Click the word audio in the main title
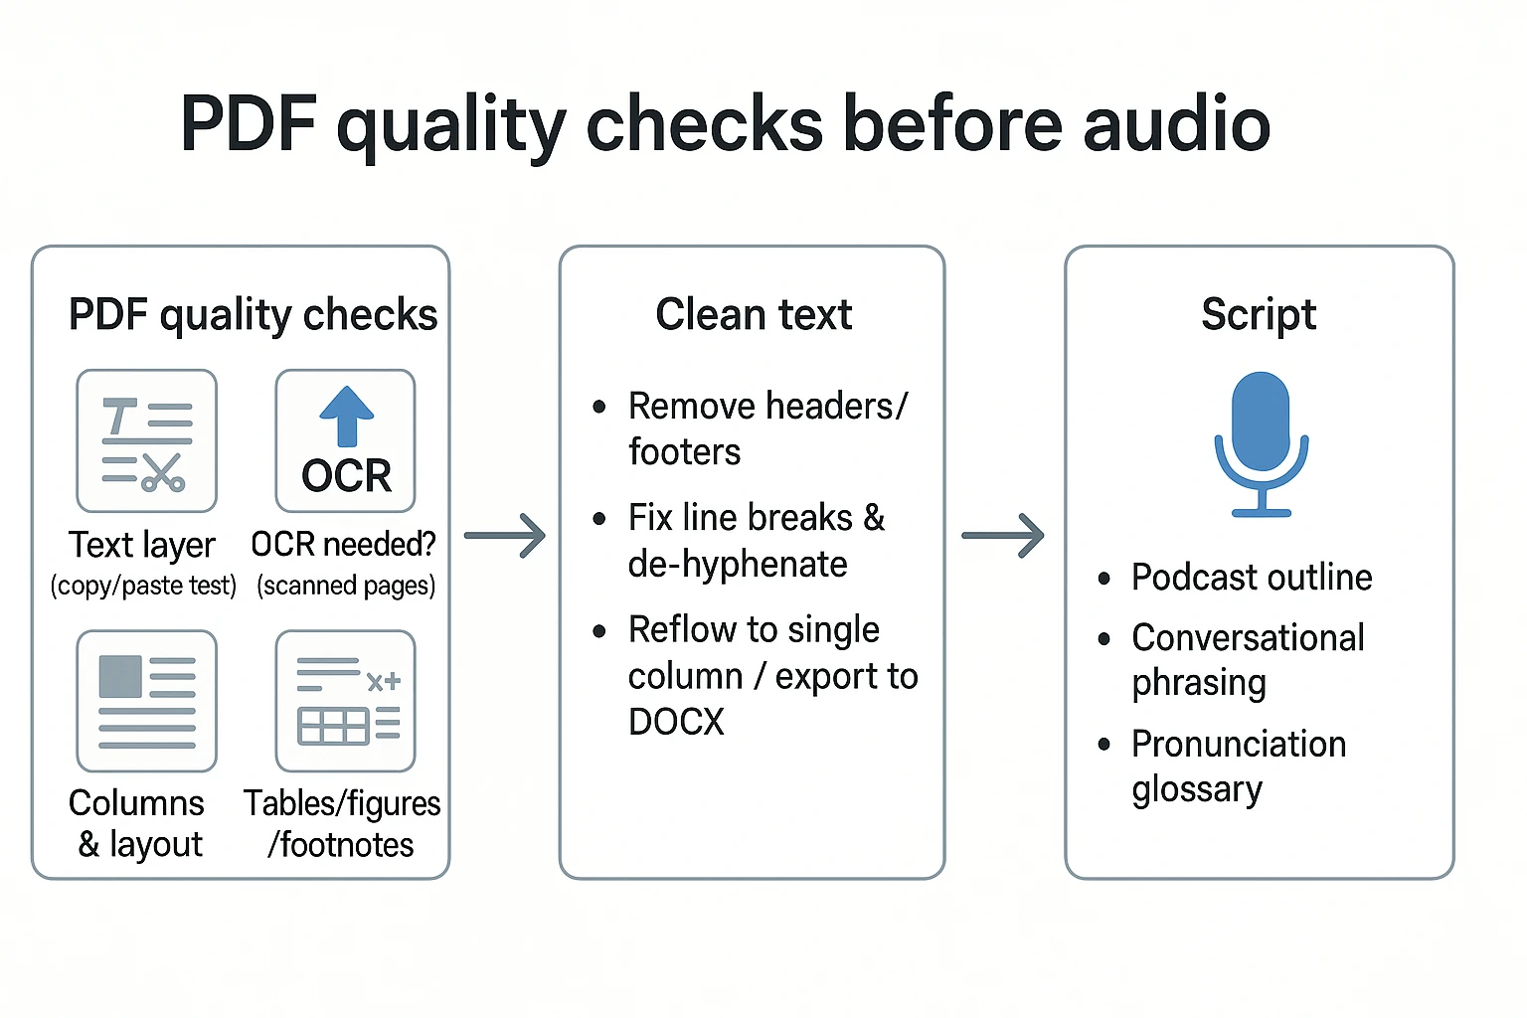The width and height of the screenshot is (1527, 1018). coord(1176,124)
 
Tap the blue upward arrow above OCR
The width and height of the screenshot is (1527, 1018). coord(346,415)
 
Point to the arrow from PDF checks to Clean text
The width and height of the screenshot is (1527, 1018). coord(505,536)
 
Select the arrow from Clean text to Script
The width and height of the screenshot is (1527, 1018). coord(1003,536)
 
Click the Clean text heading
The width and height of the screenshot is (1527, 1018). coord(754,315)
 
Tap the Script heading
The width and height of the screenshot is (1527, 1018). coord(1259,315)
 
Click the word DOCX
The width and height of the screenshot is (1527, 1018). coord(676,722)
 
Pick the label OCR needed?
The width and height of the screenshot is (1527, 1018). coord(344,545)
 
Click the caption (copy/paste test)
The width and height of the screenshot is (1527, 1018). coord(144,586)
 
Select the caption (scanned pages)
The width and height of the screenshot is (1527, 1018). coord(346,586)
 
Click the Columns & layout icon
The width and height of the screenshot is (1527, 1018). coord(147,701)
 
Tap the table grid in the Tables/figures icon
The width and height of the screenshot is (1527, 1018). coord(333,727)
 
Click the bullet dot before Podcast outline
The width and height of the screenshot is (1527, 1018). coord(1103,579)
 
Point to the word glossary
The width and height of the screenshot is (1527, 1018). coord(1197,789)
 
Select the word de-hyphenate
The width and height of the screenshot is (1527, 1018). coord(738,565)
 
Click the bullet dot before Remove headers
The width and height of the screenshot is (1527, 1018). coord(599,407)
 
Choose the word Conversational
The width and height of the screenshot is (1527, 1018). coord(1248,638)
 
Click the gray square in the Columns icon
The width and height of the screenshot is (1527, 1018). coord(120,676)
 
